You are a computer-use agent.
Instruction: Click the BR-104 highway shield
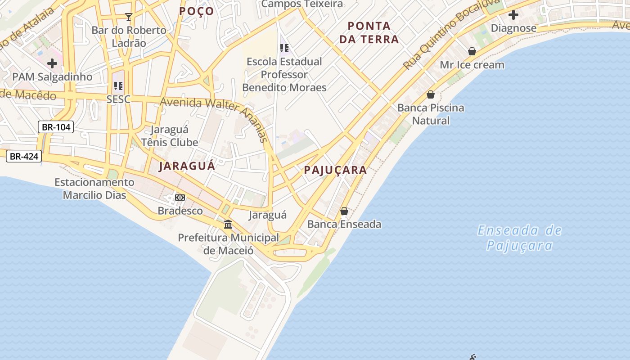coord(56,127)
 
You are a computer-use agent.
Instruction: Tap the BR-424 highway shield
coord(24,157)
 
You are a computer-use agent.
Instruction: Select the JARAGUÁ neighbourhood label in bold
coord(187,166)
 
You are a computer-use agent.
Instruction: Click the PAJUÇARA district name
coord(335,170)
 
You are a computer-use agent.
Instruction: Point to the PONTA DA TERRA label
coord(369,32)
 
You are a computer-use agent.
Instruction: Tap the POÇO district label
coord(197,11)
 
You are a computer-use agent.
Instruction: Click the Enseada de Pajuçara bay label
coord(520,238)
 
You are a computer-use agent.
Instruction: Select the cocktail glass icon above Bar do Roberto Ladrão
coord(129,17)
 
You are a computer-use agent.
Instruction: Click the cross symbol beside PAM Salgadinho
coord(52,63)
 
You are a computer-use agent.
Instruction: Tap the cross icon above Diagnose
coord(513,15)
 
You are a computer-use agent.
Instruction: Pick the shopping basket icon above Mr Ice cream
coord(472,51)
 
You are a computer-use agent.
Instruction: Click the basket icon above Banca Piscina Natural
coord(431,94)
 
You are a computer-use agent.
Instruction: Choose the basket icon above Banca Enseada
coord(344,211)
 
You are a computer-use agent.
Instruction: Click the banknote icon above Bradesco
coord(180,198)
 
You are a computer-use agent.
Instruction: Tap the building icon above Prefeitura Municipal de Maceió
coord(228,224)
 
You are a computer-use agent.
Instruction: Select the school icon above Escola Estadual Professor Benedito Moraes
coord(284,48)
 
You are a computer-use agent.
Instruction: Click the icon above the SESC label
coord(118,85)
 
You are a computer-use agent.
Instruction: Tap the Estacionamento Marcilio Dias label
coord(94,189)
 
